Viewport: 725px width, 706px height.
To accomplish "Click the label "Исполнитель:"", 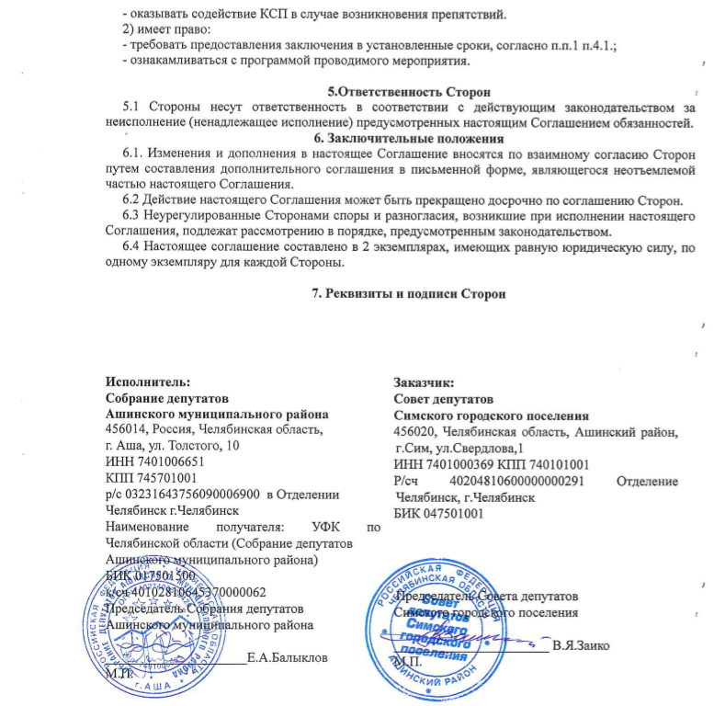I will tap(149, 382).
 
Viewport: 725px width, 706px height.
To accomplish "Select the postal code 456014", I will tap(129, 429).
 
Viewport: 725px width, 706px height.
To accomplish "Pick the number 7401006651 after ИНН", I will tap(170, 462).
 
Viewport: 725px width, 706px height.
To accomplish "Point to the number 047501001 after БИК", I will tap(452, 513).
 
